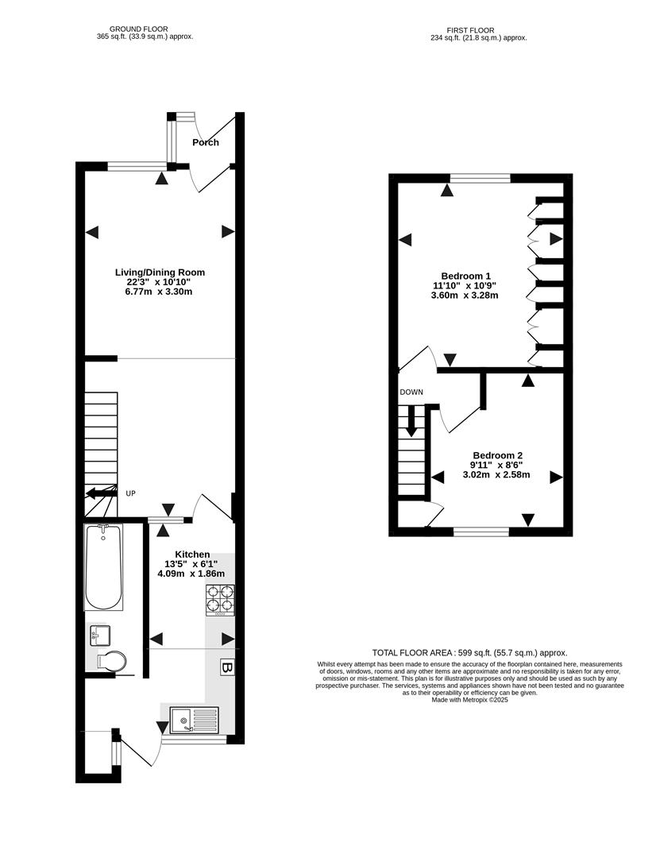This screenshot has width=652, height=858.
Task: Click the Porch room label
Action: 206,142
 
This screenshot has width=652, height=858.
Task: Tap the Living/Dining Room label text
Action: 159,272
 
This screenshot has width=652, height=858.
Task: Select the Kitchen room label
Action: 192,555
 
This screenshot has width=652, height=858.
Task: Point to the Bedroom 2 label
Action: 496,456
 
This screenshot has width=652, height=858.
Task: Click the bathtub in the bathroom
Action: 103,567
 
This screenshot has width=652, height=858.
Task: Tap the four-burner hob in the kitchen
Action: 221,600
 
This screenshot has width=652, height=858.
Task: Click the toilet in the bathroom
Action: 111,661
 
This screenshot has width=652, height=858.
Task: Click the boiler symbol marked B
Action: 227,668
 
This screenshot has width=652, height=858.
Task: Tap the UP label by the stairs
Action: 130,493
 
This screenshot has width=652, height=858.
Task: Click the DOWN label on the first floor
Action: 411,392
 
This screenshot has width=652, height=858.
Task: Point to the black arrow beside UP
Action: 101,493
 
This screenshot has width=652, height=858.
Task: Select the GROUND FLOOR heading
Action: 140,29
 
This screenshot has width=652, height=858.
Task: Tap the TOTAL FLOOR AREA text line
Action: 469,652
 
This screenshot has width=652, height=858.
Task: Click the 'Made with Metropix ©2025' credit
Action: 469,700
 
